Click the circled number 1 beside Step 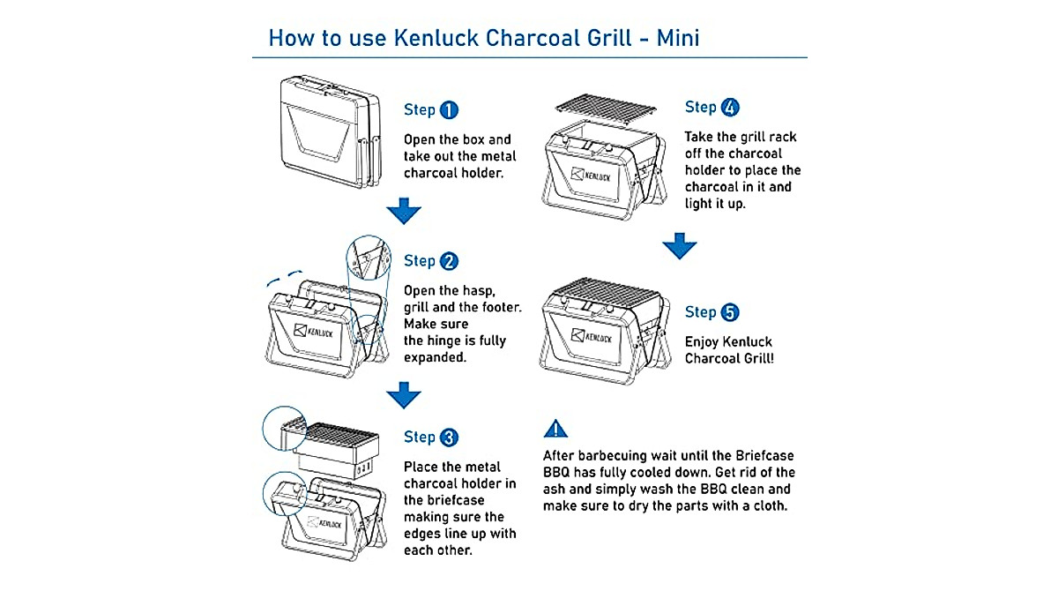pyautogui.click(x=449, y=110)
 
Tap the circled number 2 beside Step pyautogui.click(x=449, y=261)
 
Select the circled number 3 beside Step pyautogui.click(x=449, y=438)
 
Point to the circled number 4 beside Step pyautogui.click(x=730, y=108)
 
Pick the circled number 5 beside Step pyautogui.click(x=730, y=312)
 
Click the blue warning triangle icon pyautogui.click(x=555, y=430)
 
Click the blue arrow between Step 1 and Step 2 pyautogui.click(x=404, y=211)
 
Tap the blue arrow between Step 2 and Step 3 pyautogui.click(x=404, y=394)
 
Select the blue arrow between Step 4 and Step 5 pyautogui.click(x=680, y=246)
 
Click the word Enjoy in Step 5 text pyautogui.click(x=702, y=342)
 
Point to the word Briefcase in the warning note pyautogui.click(x=764, y=456)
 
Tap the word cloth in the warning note pyautogui.click(x=765, y=506)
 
